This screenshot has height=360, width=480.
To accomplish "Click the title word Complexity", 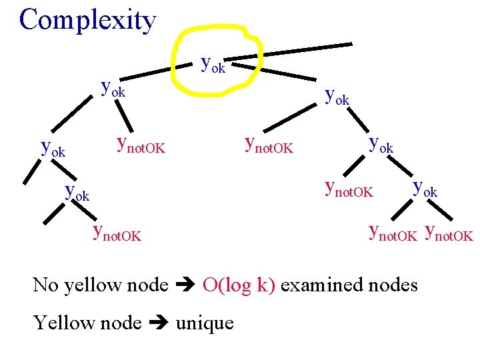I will [x=87, y=20].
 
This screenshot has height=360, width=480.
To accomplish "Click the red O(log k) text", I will [x=238, y=285].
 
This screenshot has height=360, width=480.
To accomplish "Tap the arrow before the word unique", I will [x=158, y=324].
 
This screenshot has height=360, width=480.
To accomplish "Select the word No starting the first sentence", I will [x=46, y=285].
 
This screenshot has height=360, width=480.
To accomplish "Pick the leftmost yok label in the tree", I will [x=53, y=148].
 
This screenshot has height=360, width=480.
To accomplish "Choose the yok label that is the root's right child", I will [x=336, y=97].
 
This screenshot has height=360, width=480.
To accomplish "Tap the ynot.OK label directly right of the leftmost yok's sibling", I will [x=140, y=143].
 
